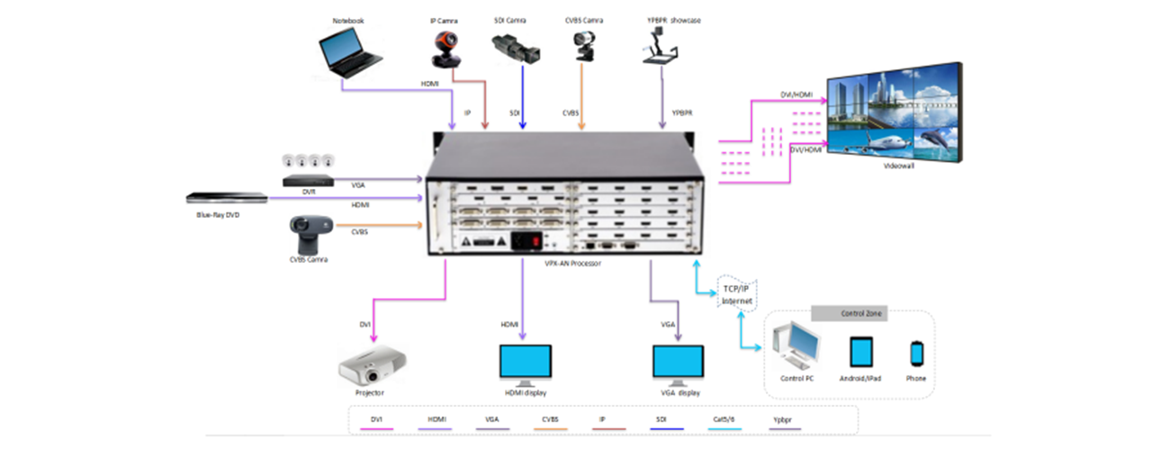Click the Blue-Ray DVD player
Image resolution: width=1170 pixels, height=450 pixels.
[x=226, y=199]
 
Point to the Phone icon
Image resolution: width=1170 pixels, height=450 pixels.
[x=916, y=353]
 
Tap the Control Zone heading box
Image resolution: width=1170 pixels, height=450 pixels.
[x=850, y=314]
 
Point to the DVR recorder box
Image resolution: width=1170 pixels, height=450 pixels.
[x=308, y=180]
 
